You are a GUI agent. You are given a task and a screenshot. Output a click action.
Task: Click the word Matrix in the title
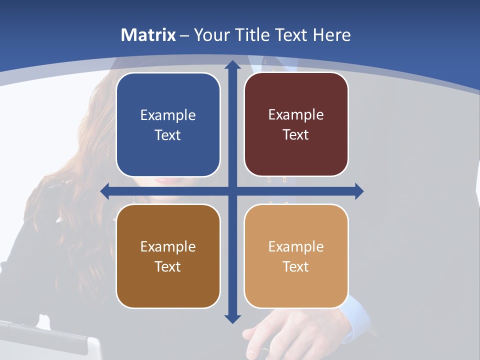click(x=148, y=35)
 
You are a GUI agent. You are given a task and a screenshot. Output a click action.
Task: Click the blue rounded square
click(x=168, y=125)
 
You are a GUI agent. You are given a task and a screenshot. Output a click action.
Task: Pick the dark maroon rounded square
click(x=296, y=125)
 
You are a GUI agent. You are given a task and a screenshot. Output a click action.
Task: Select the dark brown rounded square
click(x=168, y=256)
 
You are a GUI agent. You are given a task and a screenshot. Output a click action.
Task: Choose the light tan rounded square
click(x=296, y=256)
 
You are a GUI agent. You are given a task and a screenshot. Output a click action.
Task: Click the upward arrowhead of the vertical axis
click(x=232, y=64)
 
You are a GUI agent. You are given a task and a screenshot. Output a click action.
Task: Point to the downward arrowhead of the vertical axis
click(x=232, y=318)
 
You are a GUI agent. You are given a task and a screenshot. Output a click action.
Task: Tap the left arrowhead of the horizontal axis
click(x=105, y=191)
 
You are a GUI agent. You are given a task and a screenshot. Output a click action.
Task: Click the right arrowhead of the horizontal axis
click(x=359, y=191)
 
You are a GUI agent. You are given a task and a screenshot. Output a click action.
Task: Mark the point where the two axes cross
click(x=232, y=191)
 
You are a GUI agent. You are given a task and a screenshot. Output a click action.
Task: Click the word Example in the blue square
click(x=168, y=115)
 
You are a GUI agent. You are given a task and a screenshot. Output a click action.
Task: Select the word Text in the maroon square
click(x=296, y=135)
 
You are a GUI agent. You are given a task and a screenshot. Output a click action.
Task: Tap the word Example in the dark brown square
click(x=168, y=246)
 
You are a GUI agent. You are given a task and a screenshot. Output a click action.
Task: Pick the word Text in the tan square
click(x=296, y=266)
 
